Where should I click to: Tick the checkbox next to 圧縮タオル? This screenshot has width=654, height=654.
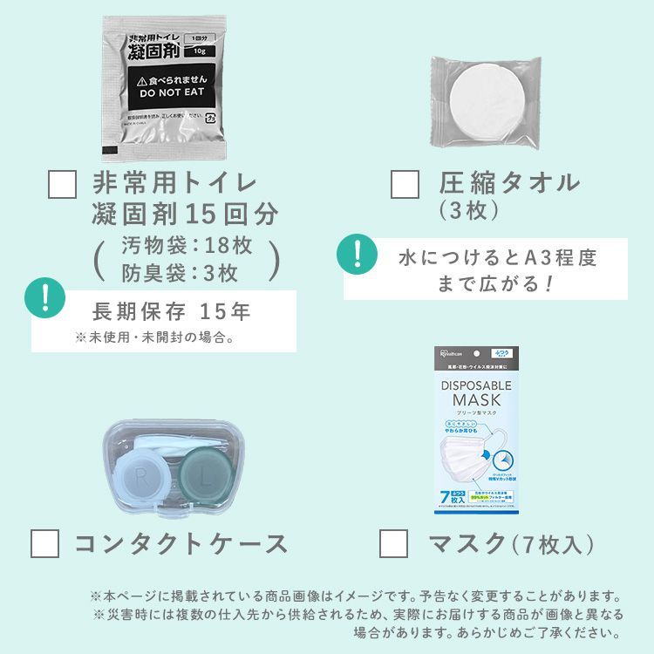click(x=405, y=185)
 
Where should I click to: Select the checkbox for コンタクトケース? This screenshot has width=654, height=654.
click(x=44, y=544)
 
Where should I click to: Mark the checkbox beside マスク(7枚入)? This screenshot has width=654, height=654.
click(x=393, y=544)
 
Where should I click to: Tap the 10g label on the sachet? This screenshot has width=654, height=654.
click(x=200, y=51)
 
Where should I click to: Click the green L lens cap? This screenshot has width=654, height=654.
click(x=204, y=476)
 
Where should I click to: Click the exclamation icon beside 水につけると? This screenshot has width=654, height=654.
click(x=356, y=255)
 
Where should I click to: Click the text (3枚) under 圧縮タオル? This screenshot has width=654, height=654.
click(x=470, y=210)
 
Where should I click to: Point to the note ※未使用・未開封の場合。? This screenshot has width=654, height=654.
click(x=153, y=337)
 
